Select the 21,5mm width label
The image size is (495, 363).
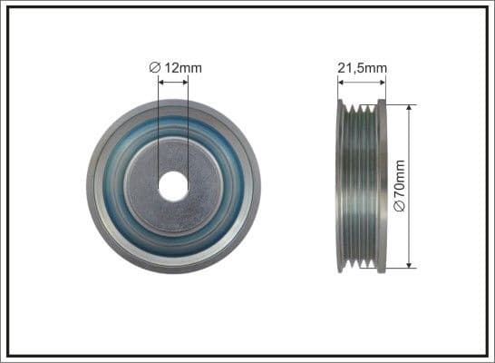[x=362, y=66]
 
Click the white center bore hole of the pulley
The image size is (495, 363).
[x=173, y=186]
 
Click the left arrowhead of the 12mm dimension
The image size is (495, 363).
[x=161, y=81]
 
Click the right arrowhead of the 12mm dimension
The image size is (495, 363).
[x=186, y=81]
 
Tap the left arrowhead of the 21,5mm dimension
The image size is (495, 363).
[x=341, y=82]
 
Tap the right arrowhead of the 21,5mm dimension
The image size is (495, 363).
[x=383, y=82]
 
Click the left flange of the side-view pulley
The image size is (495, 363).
[x=341, y=186]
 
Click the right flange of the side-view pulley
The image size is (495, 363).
[x=383, y=186]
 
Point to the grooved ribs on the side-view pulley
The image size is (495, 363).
[x=362, y=186]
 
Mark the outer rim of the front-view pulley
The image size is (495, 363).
[x=93, y=186]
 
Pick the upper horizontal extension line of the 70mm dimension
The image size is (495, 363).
[x=399, y=104]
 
